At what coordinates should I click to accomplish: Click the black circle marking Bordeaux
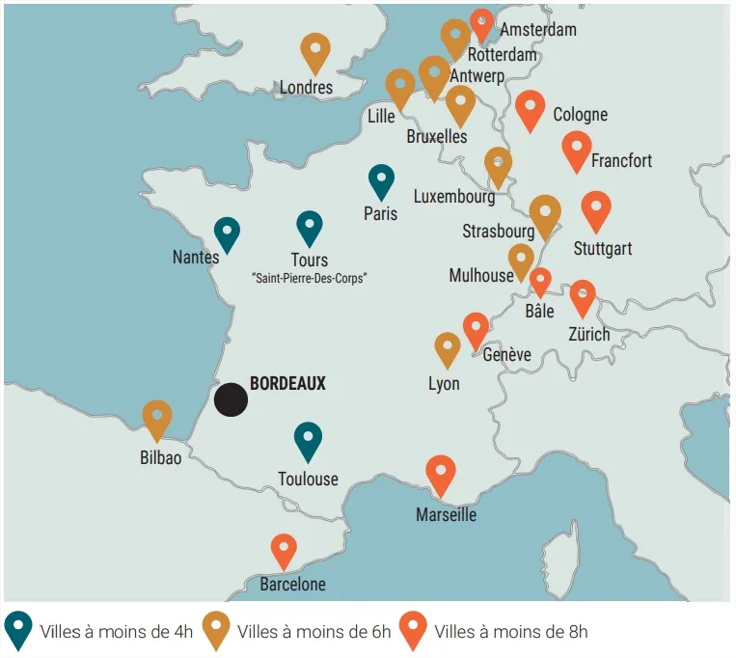click(x=231, y=399)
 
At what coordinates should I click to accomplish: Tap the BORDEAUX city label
click(x=287, y=383)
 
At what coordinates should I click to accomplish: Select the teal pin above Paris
click(x=381, y=181)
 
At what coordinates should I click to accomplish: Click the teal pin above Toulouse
click(x=308, y=440)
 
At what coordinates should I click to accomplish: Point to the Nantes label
click(x=196, y=258)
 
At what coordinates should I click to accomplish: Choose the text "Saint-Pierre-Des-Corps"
click(x=309, y=278)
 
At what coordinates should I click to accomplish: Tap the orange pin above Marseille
click(x=440, y=474)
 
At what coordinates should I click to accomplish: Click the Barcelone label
click(x=292, y=584)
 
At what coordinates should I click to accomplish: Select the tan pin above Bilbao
click(x=157, y=419)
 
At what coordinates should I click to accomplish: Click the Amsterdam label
click(x=538, y=29)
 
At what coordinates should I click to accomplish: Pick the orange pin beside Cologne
click(x=530, y=109)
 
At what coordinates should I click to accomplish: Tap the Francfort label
click(x=621, y=160)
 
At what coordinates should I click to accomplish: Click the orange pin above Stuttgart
click(x=596, y=209)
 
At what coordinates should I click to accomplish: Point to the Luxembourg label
click(x=453, y=197)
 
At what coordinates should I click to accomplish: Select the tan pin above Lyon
click(x=447, y=349)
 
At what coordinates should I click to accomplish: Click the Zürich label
click(x=588, y=335)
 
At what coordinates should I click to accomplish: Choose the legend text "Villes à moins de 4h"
click(x=116, y=632)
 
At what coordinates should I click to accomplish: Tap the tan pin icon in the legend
click(x=216, y=630)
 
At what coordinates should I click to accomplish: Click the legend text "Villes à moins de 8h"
click(x=510, y=632)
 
